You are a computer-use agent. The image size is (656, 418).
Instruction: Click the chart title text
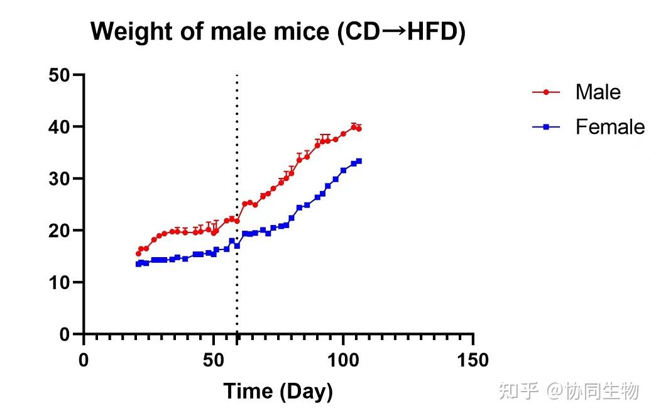click(x=278, y=32)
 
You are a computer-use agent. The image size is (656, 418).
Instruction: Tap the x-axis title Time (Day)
click(x=278, y=392)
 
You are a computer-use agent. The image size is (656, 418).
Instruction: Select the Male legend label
click(x=598, y=92)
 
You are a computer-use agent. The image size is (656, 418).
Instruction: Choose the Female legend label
click(x=610, y=127)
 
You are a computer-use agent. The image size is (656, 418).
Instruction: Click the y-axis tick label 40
click(x=59, y=127)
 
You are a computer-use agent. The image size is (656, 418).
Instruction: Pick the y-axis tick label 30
click(x=59, y=179)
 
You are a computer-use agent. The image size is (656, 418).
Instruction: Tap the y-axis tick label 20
click(x=59, y=231)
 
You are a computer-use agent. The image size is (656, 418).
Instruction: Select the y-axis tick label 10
click(x=59, y=282)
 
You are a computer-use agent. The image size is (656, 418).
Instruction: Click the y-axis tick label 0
click(x=65, y=334)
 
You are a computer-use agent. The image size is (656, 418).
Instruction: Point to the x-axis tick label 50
click(x=214, y=360)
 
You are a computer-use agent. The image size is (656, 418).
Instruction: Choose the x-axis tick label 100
click(x=343, y=360)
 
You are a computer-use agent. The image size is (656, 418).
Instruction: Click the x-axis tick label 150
click(x=473, y=360)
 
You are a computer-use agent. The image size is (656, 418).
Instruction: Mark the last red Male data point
click(x=359, y=129)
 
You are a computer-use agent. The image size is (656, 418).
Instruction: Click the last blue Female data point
click(x=359, y=161)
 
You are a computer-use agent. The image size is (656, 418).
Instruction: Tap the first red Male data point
click(x=138, y=253)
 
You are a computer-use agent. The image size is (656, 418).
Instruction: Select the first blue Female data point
click(x=138, y=264)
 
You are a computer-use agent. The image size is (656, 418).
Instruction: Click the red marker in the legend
click(x=546, y=92)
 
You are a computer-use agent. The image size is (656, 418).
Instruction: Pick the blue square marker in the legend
click(x=546, y=127)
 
